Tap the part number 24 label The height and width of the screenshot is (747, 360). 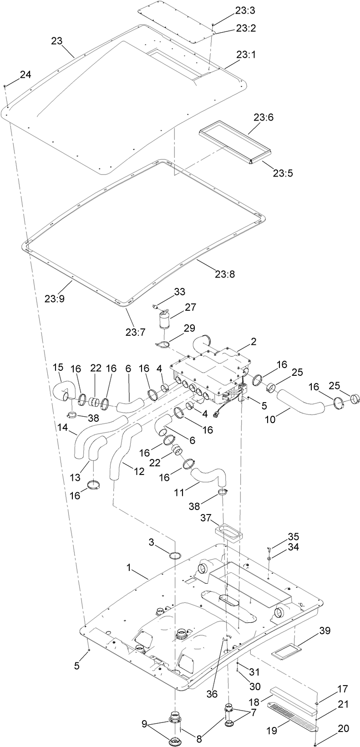click(25, 75)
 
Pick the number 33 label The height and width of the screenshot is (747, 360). click(179, 292)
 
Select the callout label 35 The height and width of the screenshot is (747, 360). click(279, 536)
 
